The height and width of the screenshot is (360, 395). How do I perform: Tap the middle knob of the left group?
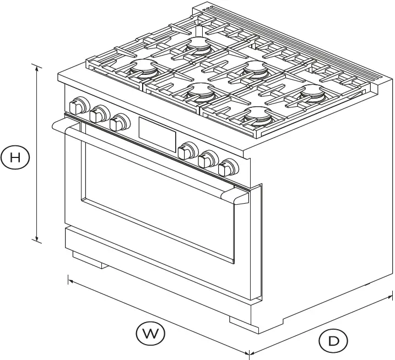coord(99,113)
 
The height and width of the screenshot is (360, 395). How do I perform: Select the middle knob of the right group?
coord(208,159)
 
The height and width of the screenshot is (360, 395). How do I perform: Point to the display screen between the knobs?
coord(157,132)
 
